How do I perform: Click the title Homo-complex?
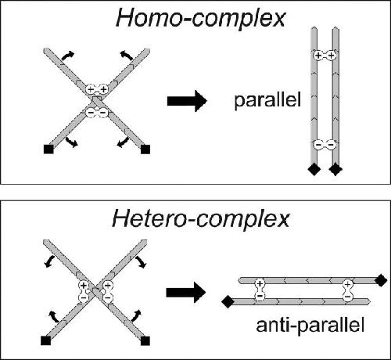click(201, 18)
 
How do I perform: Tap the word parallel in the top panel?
click(267, 101)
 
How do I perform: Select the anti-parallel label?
click(310, 326)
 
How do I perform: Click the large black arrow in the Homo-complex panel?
click(187, 101)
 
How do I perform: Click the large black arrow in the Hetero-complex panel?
click(186, 292)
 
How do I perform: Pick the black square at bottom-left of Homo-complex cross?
click(48, 149)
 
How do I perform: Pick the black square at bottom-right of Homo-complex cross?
click(145, 149)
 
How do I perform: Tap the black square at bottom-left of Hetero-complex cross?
click(46, 340)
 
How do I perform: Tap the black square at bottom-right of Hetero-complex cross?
click(145, 340)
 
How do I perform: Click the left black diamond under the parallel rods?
click(314, 169)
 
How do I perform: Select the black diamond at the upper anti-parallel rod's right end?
click(381, 280)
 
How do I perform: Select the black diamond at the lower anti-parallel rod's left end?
click(228, 301)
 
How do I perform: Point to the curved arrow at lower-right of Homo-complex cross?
click(123, 142)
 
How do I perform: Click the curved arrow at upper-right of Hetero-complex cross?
click(141, 262)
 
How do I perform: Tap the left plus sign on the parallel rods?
click(318, 56)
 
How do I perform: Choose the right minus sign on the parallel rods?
click(331, 144)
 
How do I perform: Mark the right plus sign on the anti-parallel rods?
click(347, 283)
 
